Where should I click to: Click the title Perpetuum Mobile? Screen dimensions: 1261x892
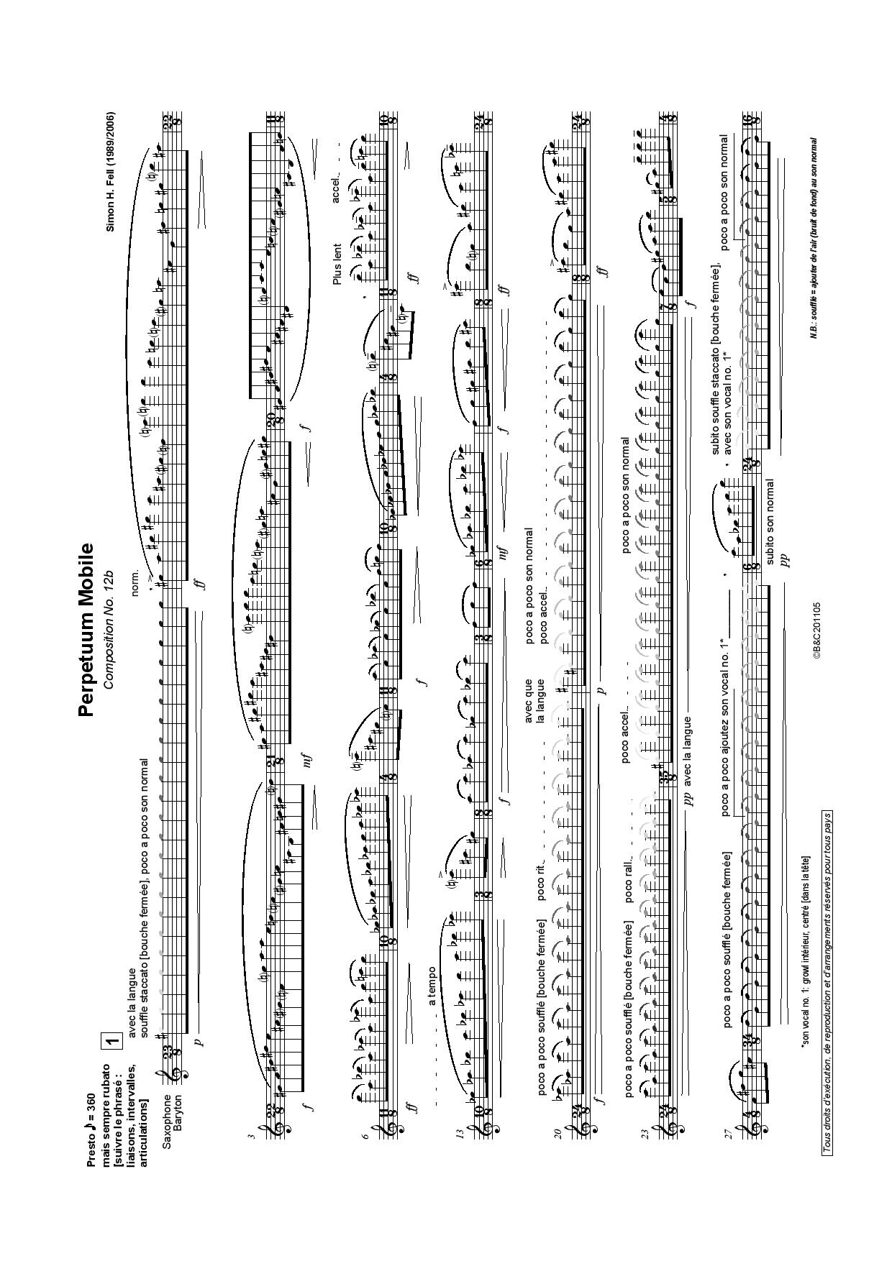click(86, 630)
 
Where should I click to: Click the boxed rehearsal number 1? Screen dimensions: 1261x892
click(112, 1041)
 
